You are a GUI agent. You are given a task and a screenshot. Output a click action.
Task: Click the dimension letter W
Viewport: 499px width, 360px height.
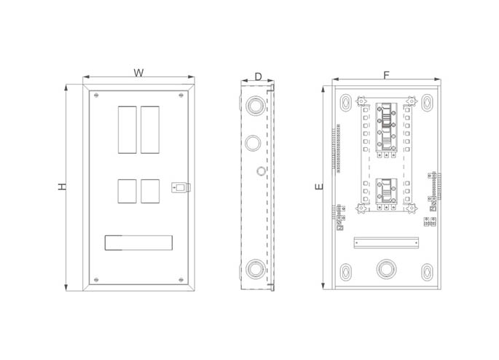click(x=138, y=73)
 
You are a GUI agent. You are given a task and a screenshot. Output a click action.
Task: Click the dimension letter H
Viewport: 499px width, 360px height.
click(x=63, y=187)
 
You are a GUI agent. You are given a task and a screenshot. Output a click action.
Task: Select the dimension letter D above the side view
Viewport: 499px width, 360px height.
click(x=258, y=77)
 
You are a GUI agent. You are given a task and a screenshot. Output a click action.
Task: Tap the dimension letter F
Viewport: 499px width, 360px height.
click(x=386, y=76)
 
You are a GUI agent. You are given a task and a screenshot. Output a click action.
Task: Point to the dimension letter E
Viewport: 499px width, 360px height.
click(x=319, y=187)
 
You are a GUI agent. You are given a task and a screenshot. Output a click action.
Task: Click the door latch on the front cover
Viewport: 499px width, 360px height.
click(x=181, y=187)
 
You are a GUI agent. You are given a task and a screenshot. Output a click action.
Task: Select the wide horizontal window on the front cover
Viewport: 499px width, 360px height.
click(x=138, y=243)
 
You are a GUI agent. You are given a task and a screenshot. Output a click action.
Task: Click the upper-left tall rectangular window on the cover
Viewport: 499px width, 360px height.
click(x=127, y=130)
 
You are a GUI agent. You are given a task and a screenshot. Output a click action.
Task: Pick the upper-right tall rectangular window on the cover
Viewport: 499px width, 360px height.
click(x=150, y=130)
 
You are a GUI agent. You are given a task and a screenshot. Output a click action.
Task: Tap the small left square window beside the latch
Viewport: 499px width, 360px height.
click(x=127, y=192)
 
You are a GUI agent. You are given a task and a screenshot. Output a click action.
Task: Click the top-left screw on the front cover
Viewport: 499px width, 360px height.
click(x=96, y=95)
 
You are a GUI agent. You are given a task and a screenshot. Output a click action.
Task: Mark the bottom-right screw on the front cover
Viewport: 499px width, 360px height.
click(x=181, y=280)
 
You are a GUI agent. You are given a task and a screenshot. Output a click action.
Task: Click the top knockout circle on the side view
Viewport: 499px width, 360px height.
click(x=255, y=105)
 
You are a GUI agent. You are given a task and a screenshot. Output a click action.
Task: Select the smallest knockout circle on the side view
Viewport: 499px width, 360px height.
click(x=261, y=171)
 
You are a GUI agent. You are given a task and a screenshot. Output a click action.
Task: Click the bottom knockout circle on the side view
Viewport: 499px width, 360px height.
click(x=256, y=269)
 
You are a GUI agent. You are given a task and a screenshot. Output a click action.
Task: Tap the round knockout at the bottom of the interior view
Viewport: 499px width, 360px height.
click(x=386, y=270)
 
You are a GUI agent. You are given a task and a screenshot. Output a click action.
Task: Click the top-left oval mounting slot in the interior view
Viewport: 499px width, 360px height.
click(x=345, y=103)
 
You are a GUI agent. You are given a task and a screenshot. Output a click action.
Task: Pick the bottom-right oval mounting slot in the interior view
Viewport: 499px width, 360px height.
click(x=427, y=273)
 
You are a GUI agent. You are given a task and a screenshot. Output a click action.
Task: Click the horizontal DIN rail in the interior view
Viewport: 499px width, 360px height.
click(x=386, y=243)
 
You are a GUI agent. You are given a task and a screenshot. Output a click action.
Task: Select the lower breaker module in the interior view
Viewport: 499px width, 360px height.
click(x=386, y=194)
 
